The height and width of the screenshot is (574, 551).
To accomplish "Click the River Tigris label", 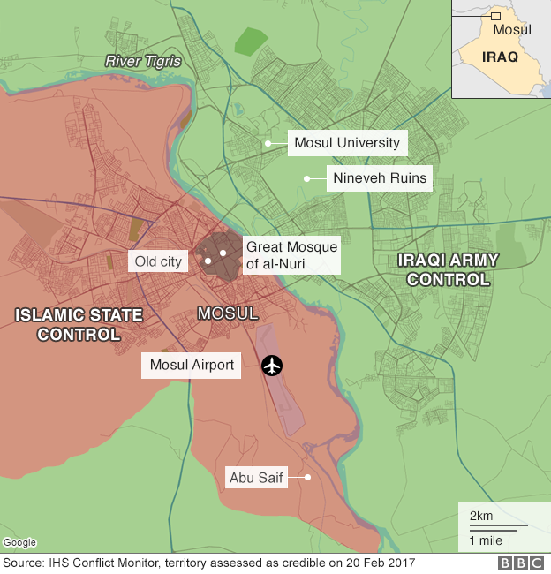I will [143, 61].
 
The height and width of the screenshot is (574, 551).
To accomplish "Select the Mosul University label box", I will [347, 143].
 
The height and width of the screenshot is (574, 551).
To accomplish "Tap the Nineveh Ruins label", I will [380, 178].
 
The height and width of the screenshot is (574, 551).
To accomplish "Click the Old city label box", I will [159, 261].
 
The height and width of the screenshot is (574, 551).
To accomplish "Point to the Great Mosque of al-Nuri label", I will [291, 255].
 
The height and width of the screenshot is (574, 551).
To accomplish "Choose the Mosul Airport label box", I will [192, 364].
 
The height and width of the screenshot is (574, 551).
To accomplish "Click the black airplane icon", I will [272, 365].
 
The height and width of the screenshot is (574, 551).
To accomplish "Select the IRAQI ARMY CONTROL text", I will [448, 269].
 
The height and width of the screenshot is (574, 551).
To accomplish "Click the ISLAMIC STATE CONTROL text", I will [79, 324].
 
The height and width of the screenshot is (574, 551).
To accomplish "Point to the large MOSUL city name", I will [228, 313].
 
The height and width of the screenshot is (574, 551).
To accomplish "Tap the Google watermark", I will [19, 542].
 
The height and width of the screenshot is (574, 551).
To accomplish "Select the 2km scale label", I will [481, 516].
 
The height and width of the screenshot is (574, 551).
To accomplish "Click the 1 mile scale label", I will [485, 540].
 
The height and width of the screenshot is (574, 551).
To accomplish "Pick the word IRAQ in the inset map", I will [500, 57].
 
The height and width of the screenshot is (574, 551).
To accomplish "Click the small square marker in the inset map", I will [496, 16].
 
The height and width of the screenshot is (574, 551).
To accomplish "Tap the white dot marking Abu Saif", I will [308, 478].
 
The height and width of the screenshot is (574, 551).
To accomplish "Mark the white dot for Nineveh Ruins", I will [306, 178].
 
